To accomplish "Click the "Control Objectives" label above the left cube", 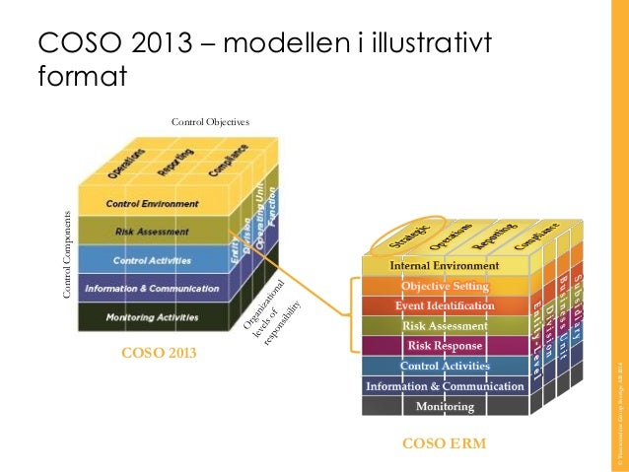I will (210, 121).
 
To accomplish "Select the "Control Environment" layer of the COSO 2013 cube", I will (152, 204).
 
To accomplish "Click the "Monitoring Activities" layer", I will (152, 317).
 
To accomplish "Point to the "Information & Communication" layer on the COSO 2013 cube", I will (152, 289).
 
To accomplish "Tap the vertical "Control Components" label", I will (67, 254).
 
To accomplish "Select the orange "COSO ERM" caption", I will (444, 444).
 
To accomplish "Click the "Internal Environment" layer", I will (444, 266).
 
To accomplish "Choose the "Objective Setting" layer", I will (444, 286).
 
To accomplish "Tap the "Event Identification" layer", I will (444, 305).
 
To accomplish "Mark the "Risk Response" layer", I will (444, 346).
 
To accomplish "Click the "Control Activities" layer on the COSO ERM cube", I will (444, 367).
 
